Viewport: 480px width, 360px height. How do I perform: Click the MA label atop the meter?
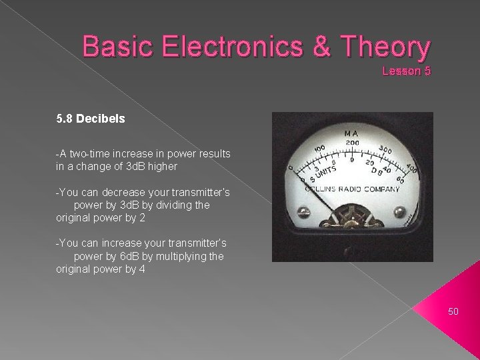351,134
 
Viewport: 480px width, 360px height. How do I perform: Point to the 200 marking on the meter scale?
351,142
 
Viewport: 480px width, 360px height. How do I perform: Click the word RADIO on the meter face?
358,188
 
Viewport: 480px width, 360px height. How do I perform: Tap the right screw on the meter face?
398,212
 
